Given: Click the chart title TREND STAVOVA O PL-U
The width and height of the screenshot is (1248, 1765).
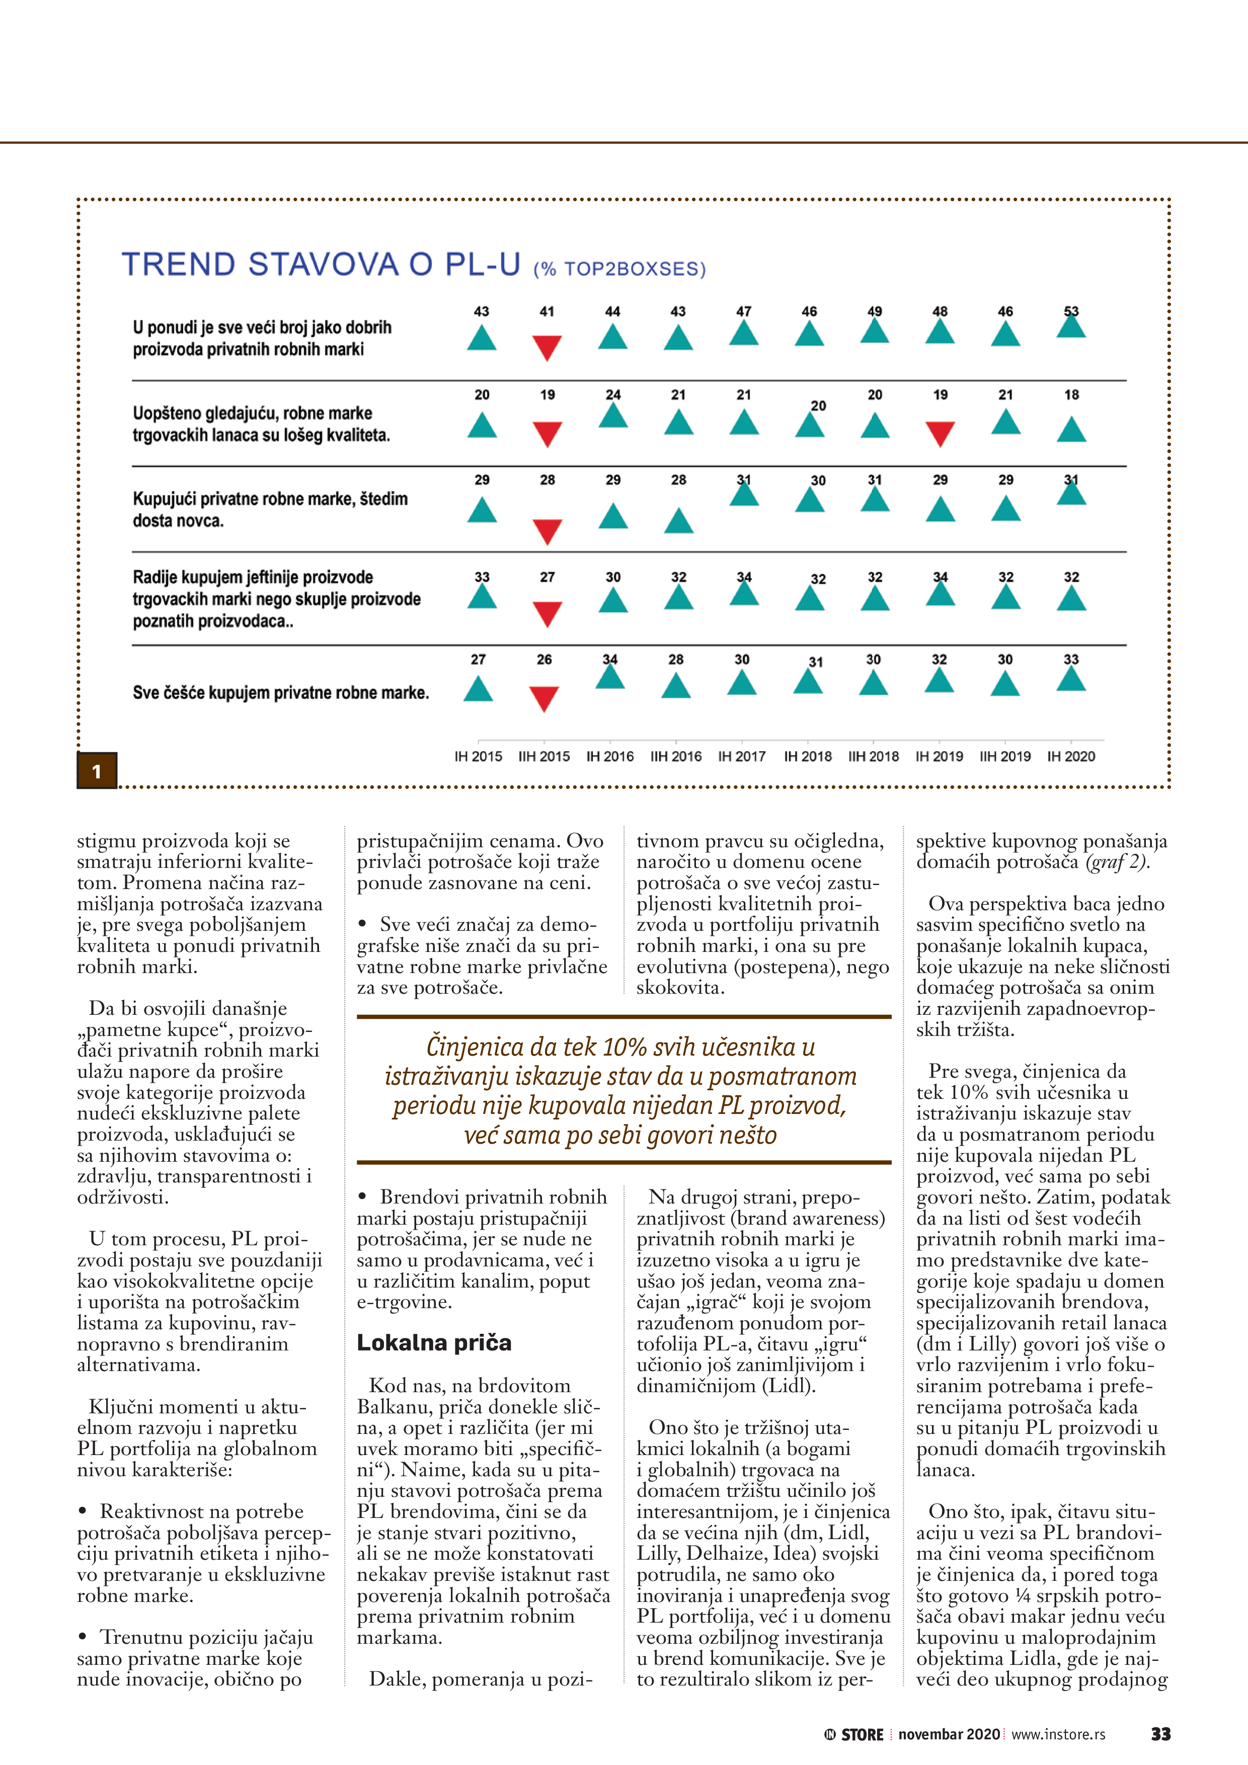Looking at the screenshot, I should click(322, 265).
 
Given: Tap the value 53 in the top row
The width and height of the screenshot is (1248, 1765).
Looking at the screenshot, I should click(1071, 311).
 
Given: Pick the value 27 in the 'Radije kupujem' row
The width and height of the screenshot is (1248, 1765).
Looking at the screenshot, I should click(547, 577).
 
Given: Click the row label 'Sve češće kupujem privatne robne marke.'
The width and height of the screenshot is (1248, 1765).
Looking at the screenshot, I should click(281, 693).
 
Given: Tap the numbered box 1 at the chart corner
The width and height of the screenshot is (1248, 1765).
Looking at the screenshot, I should click(97, 771).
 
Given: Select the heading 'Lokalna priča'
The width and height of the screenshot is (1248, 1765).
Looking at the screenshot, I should click(434, 1343).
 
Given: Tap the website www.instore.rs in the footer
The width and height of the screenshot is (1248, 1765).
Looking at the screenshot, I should click(1058, 1734).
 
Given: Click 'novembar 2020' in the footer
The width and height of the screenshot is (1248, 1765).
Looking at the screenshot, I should click(949, 1734).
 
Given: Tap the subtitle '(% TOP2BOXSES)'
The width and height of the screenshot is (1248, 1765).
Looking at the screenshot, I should click(620, 269).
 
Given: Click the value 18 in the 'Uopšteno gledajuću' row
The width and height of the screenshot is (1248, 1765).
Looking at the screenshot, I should click(1071, 395).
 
